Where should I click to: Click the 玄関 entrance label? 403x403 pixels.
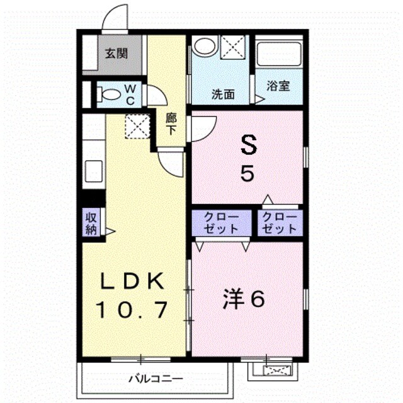(x=116, y=54)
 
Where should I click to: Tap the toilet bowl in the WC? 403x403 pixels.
(x=109, y=94)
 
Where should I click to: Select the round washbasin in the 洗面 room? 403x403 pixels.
(x=205, y=47)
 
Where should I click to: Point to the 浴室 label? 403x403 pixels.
(x=278, y=86)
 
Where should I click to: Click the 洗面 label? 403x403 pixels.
(x=223, y=94)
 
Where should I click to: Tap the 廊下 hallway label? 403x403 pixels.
(x=171, y=124)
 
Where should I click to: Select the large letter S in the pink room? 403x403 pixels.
(x=248, y=145)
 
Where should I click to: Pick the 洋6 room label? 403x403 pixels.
(x=244, y=298)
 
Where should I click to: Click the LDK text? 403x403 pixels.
(x=132, y=281)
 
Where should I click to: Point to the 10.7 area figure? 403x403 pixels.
(x=132, y=310)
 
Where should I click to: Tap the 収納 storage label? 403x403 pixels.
(x=91, y=224)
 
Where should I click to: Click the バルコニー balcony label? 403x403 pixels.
(x=156, y=378)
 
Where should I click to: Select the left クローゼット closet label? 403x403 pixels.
(x=221, y=223)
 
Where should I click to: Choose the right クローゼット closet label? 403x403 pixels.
(x=280, y=223)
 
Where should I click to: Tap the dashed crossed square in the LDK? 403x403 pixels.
(x=137, y=126)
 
